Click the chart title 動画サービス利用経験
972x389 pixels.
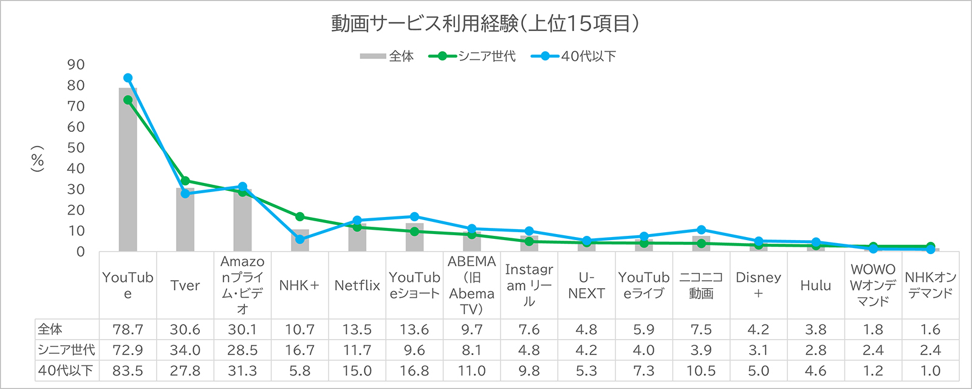tap(485, 23)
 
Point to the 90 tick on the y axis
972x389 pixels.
tap(76, 64)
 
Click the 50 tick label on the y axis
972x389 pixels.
tap(76, 148)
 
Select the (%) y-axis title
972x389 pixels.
tap(38, 159)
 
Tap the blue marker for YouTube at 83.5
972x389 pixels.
tap(128, 78)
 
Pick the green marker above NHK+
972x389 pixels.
tap(299, 217)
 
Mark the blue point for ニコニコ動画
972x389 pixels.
tap(701, 230)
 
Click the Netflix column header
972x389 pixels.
tap(357, 286)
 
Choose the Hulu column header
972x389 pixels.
tap(815, 286)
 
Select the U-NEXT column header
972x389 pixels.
tap(586, 286)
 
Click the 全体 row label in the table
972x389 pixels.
tap(50, 329)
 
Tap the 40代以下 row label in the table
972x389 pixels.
tap(65, 371)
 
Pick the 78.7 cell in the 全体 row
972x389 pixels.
tap(128, 329)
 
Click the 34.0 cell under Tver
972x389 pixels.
tap(185, 350)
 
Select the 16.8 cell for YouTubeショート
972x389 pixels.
tap(414, 371)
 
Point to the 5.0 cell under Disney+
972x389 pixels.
tap(758, 371)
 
